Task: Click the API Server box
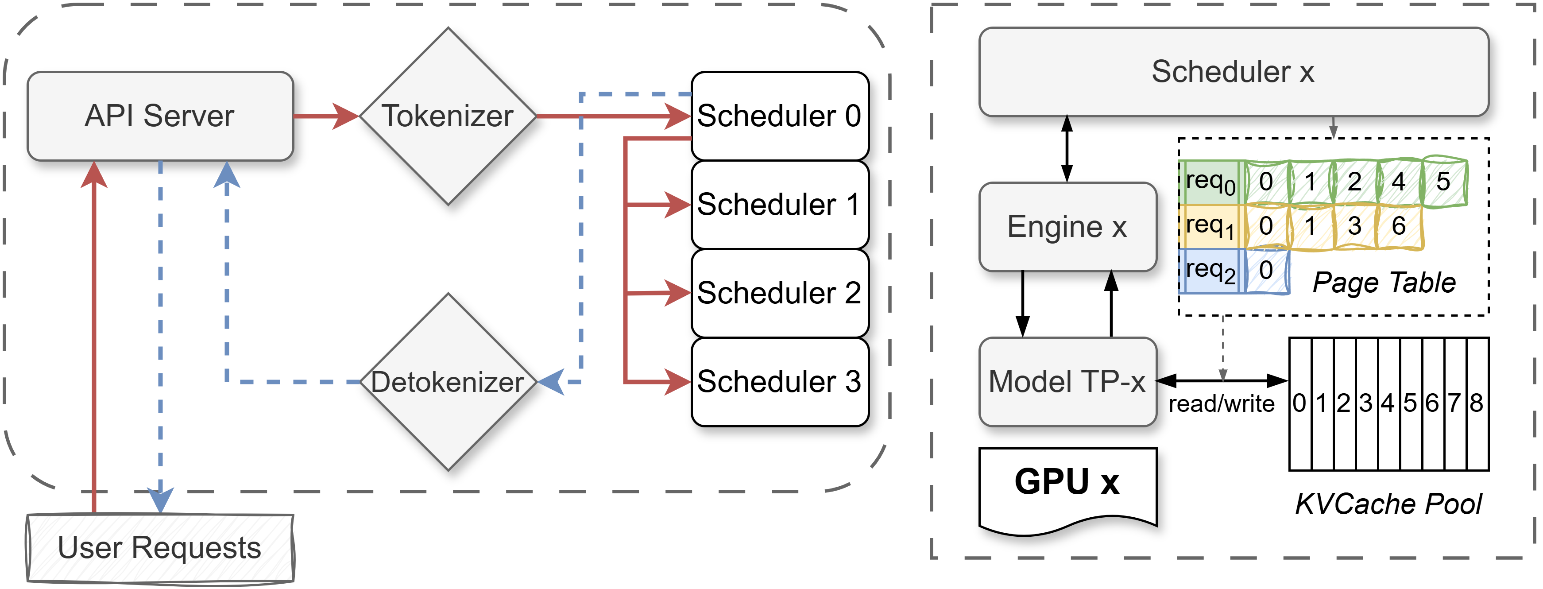[160, 116]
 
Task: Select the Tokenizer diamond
[448, 116]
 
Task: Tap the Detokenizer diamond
[448, 382]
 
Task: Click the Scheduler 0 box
[779, 116]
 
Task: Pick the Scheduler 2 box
[779, 293]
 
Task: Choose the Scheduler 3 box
[779, 382]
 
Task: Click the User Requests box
[160, 548]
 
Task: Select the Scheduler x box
[1234, 72]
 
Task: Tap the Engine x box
[1067, 226]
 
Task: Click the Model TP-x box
[1067, 382]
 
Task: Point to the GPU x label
[1067, 482]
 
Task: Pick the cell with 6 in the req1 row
[1399, 226]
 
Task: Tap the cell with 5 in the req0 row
[1443, 182]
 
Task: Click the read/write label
[1222, 404]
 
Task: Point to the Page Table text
[1384, 282]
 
